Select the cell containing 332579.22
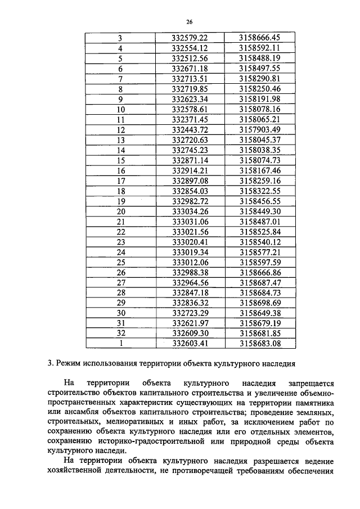point(190,38)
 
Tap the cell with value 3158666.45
point(259,38)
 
